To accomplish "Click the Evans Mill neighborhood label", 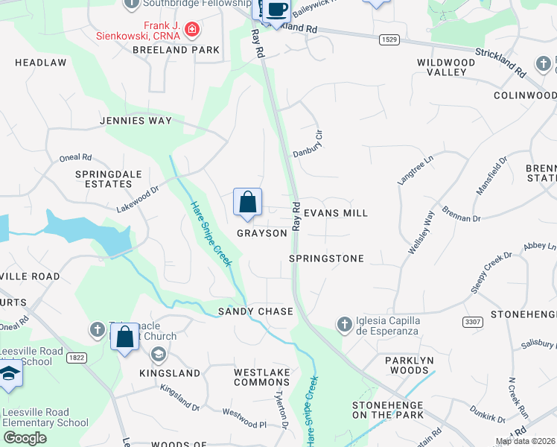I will point(335,213).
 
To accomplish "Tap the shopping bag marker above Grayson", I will point(247,202).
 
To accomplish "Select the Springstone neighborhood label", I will point(326,259).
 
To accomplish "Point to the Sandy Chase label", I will point(255,311).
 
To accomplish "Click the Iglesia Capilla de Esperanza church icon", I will point(344,324).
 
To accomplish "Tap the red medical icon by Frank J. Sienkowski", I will point(192,30).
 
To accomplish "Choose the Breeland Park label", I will point(176,50).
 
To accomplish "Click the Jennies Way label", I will point(136,121).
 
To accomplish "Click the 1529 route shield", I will point(388,39).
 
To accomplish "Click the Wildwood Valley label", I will point(446,67).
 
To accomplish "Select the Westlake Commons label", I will point(261,377).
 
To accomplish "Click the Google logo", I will point(25,438).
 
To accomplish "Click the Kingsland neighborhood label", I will point(170,372).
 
